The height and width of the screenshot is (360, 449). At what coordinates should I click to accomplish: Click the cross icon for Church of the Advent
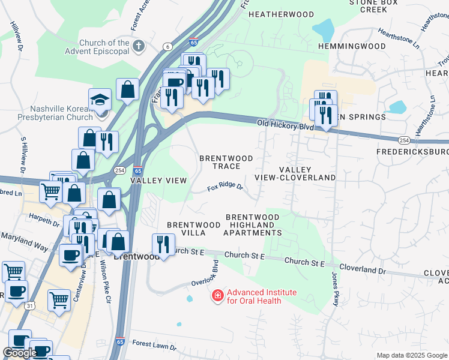pos(139,46)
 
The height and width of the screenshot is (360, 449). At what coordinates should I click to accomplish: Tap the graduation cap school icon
pos(100,98)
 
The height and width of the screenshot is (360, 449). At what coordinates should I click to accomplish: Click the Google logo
pos(20,353)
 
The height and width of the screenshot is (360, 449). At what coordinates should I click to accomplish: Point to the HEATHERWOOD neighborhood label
pos(281,14)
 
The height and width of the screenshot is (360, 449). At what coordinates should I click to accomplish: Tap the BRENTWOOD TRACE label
pos(226,162)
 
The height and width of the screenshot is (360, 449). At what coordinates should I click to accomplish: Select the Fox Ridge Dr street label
pos(224,187)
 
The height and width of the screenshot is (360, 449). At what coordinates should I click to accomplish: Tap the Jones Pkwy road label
pos(335,289)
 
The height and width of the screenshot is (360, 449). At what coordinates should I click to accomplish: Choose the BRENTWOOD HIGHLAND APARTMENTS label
pos(252,224)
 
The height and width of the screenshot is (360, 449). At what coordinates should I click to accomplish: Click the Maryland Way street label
pos(25,243)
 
